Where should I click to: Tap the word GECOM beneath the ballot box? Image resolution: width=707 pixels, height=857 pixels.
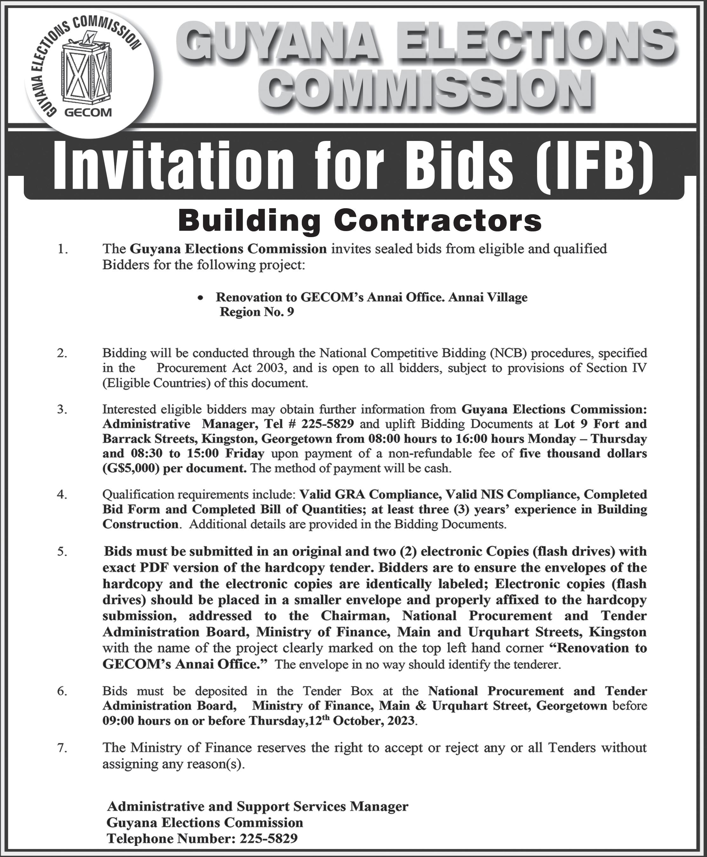coord(88,113)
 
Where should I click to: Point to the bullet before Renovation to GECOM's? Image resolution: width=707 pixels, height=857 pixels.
coord(199,298)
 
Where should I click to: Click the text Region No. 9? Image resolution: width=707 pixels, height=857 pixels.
coord(257,312)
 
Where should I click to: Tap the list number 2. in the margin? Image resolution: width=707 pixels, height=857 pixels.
coord(62,353)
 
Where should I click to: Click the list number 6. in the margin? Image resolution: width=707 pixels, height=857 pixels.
coord(62,691)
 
